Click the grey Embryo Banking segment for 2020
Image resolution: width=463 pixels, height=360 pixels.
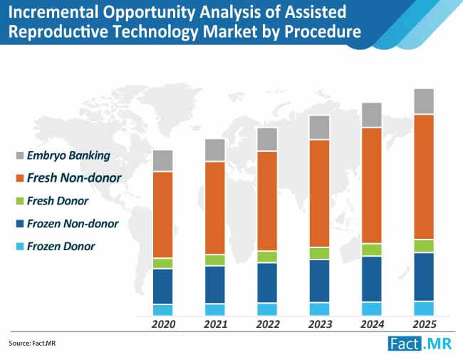(163, 160)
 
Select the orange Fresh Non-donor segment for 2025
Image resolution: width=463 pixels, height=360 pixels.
(424, 176)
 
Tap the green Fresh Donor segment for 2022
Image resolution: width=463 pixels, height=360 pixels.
(267, 257)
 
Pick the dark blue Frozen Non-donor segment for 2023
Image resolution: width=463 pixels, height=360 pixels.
(319, 281)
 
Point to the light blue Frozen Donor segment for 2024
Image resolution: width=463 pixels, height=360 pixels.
(372, 309)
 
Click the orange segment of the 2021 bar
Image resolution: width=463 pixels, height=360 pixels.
(215, 207)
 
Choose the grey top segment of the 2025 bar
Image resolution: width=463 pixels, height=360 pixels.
(424, 101)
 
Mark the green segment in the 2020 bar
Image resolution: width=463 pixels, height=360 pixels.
(163, 263)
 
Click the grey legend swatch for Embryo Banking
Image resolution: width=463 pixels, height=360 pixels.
(19, 155)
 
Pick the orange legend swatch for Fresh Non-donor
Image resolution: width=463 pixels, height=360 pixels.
(19, 178)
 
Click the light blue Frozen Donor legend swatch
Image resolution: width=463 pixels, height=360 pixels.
(19, 247)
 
